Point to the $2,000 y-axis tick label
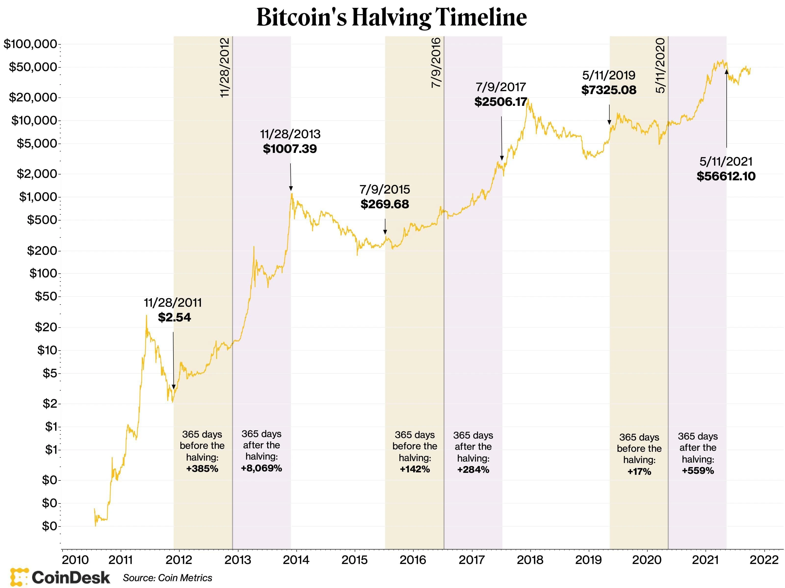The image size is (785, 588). [x=37, y=174]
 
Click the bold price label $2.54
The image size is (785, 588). [x=174, y=317]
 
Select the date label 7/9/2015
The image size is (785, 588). [x=385, y=189]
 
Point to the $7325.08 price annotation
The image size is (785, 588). [x=609, y=90]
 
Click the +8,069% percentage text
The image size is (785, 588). [x=261, y=468]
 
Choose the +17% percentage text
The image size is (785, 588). [x=639, y=471]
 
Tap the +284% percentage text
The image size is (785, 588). [x=473, y=470]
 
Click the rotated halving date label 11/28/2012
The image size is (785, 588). [x=225, y=67]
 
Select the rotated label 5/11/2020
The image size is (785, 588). [x=660, y=66]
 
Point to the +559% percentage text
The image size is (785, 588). [x=698, y=471]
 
